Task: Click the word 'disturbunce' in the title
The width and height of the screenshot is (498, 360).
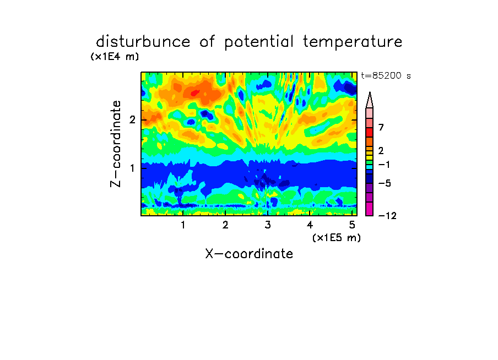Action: tap(143, 42)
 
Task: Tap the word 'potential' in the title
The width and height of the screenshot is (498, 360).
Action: tap(259, 42)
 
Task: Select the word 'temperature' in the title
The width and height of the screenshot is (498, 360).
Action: tap(353, 42)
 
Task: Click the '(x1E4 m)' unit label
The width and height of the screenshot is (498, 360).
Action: tap(115, 57)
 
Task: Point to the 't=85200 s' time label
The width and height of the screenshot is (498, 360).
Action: tap(386, 75)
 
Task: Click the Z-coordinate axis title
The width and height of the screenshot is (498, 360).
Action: tap(116, 144)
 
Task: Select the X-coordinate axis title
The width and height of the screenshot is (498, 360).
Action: tap(249, 254)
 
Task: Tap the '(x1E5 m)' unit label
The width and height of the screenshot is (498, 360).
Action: tap(337, 238)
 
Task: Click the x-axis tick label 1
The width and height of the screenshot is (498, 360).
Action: tap(183, 225)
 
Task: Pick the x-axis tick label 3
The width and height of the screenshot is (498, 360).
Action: tap(268, 225)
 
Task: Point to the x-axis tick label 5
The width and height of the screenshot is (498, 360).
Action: tap(352, 225)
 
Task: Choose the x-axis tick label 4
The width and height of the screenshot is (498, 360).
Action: tap(310, 225)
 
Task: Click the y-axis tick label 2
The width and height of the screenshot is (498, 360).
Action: tap(132, 119)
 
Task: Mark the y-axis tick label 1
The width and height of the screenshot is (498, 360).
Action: tap(132, 168)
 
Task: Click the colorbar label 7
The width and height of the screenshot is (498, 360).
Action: tap(381, 127)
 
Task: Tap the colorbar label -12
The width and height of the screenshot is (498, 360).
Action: tap(387, 216)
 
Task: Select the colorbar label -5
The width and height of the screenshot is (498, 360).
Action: tap(385, 183)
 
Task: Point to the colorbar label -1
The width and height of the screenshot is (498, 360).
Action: tap(384, 165)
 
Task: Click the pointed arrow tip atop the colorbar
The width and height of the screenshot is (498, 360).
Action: tap(370, 92)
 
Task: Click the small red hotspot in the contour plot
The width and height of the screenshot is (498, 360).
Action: tap(194, 93)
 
